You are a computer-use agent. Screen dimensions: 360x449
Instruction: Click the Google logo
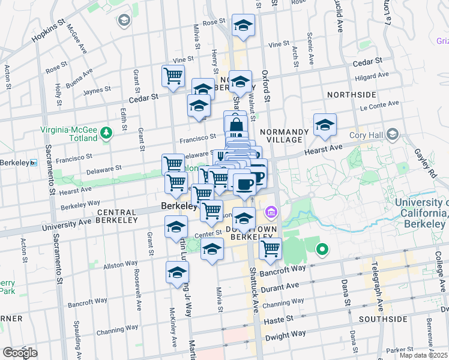pos(20,353)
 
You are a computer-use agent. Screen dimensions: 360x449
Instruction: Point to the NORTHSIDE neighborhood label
pos(351,95)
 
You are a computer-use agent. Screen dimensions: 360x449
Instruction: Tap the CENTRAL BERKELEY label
pos(118,212)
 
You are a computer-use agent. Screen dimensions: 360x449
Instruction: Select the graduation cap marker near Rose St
pos(243,26)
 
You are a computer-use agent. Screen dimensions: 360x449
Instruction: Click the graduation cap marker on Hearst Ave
pos(325,125)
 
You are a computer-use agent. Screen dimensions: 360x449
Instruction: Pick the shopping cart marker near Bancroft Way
pos(271,248)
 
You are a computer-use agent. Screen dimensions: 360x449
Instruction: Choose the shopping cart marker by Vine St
pos(173,76)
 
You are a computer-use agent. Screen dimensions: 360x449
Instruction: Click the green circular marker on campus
pos(322,248)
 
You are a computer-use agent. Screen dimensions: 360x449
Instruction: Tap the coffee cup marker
pos(244,184)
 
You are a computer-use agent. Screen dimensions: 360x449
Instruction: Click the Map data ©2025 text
pos(423,355)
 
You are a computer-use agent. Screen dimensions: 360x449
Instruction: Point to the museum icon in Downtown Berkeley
pos(270,212)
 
